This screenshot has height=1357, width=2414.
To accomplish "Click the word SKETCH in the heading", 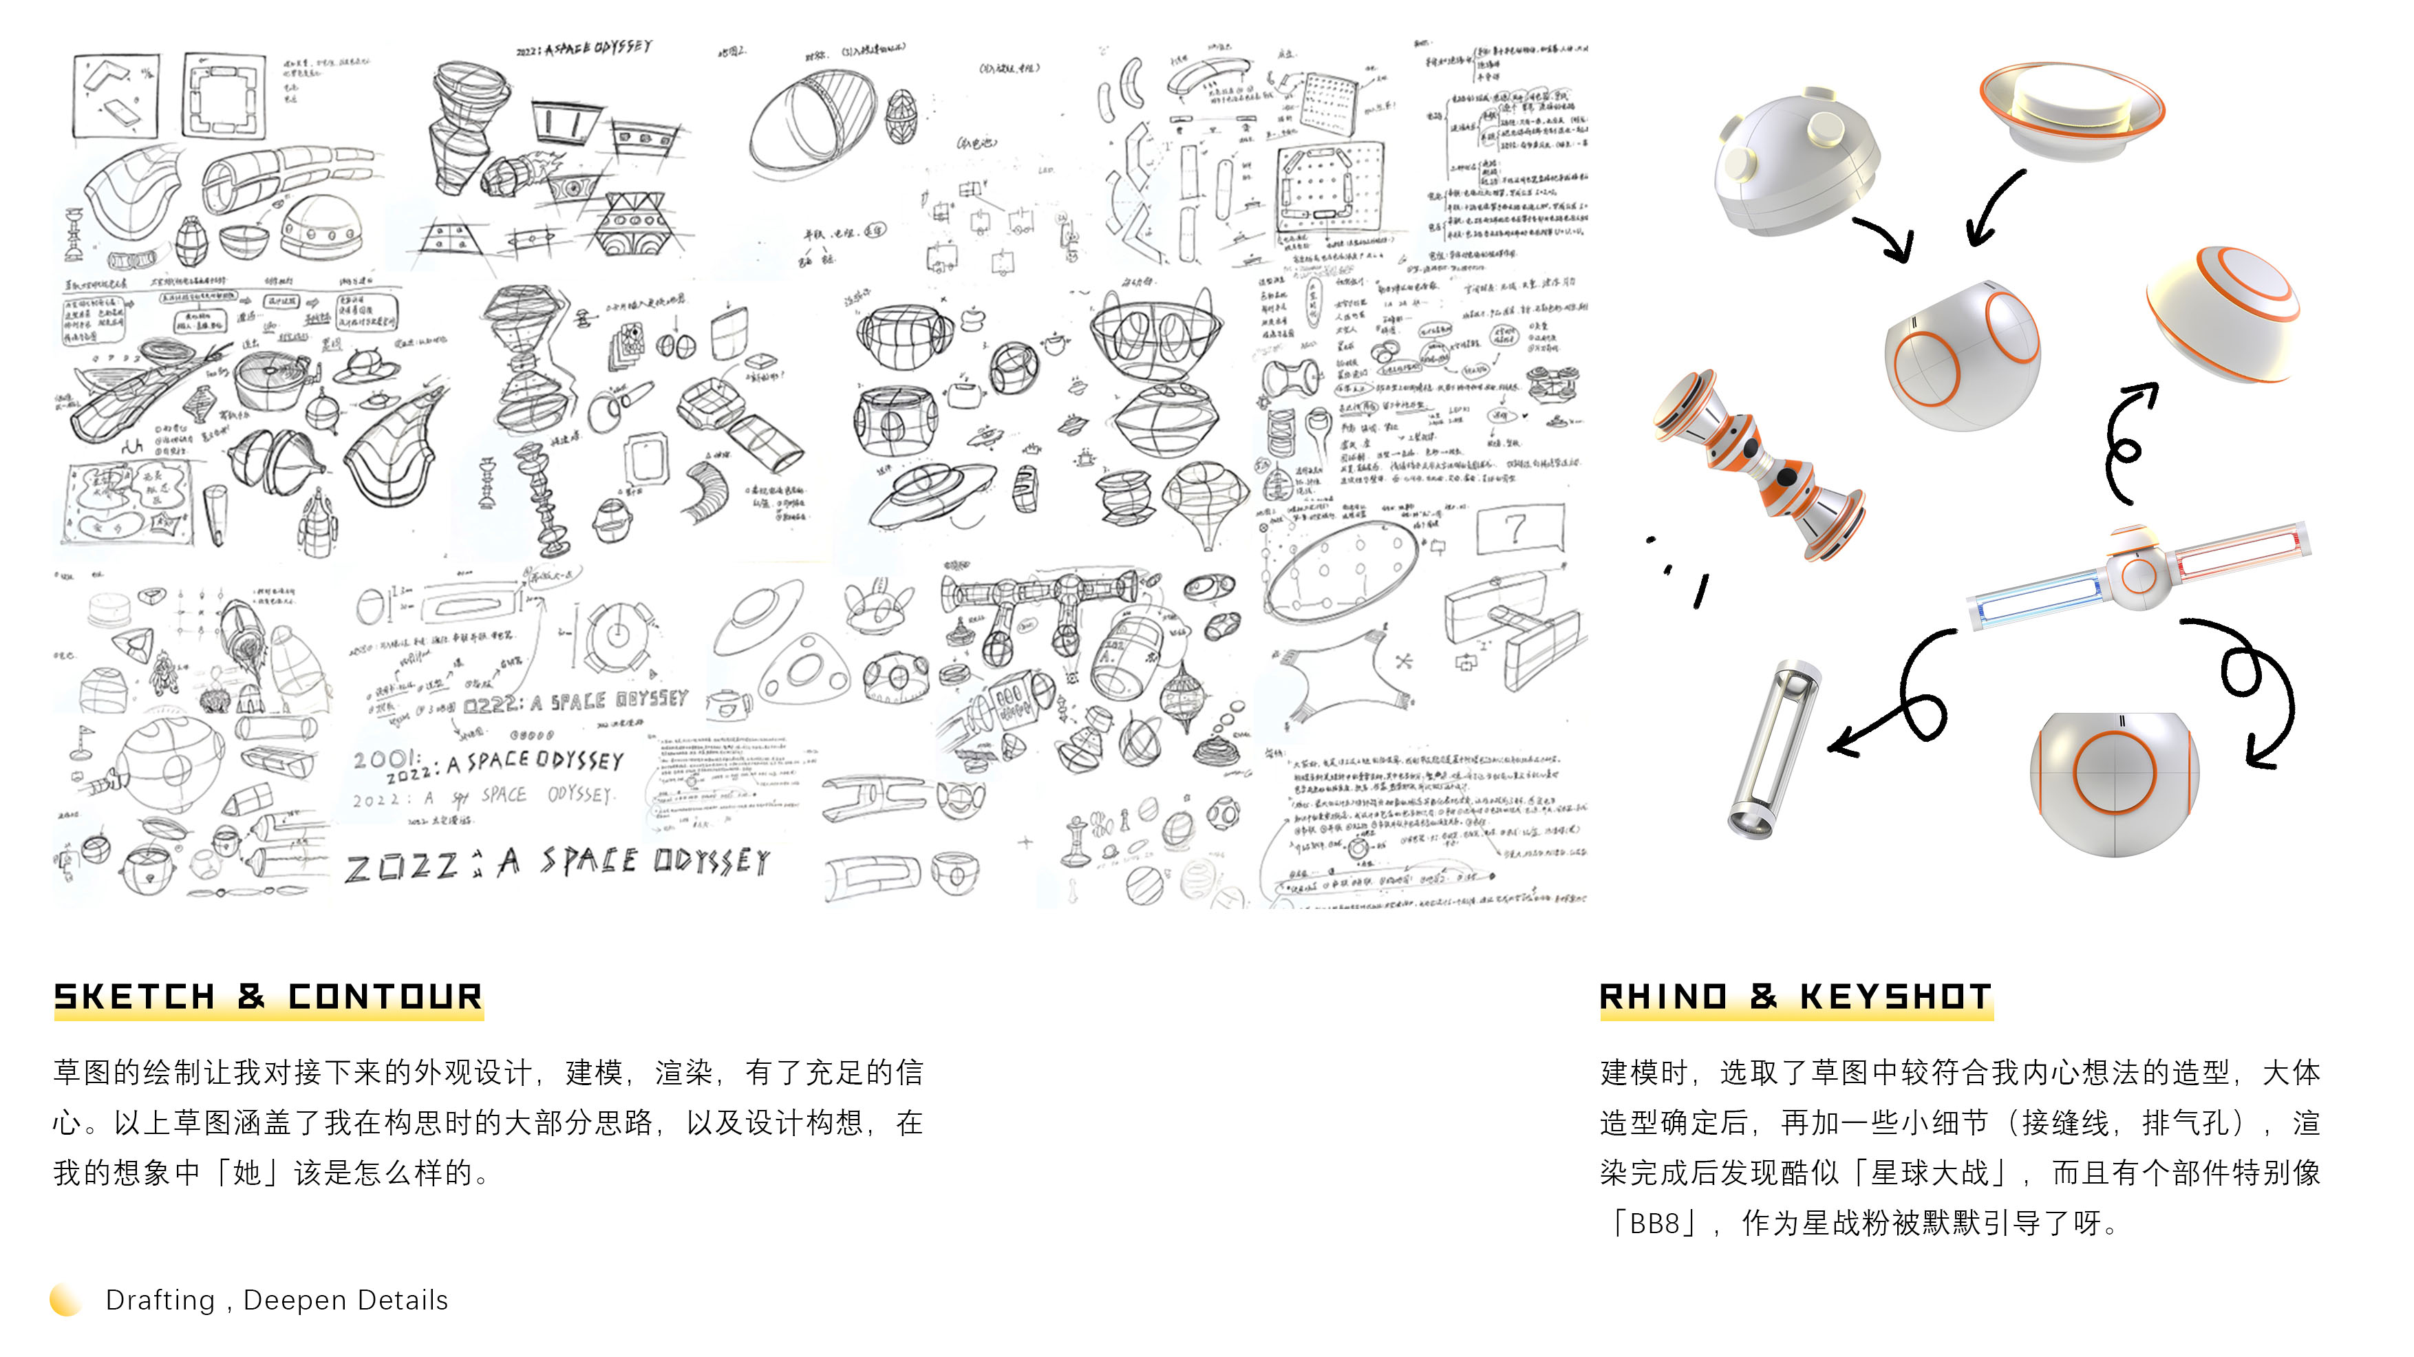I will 135,996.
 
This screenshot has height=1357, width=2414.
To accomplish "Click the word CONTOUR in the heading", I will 385,996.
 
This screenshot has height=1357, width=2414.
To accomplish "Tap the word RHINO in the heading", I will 1663,996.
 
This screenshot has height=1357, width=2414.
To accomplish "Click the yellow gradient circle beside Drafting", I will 65,1300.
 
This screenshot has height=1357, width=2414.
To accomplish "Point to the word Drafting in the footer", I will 160,1300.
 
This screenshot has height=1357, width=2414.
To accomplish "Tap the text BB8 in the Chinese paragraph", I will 1655,1223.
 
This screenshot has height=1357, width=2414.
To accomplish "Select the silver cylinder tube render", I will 1774,750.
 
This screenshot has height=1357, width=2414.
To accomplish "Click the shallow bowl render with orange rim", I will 2071,108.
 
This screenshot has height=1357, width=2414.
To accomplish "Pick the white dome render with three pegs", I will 1797,164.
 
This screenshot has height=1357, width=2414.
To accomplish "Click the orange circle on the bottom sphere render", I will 2115,771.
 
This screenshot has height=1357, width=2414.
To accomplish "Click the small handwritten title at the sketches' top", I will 585,47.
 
